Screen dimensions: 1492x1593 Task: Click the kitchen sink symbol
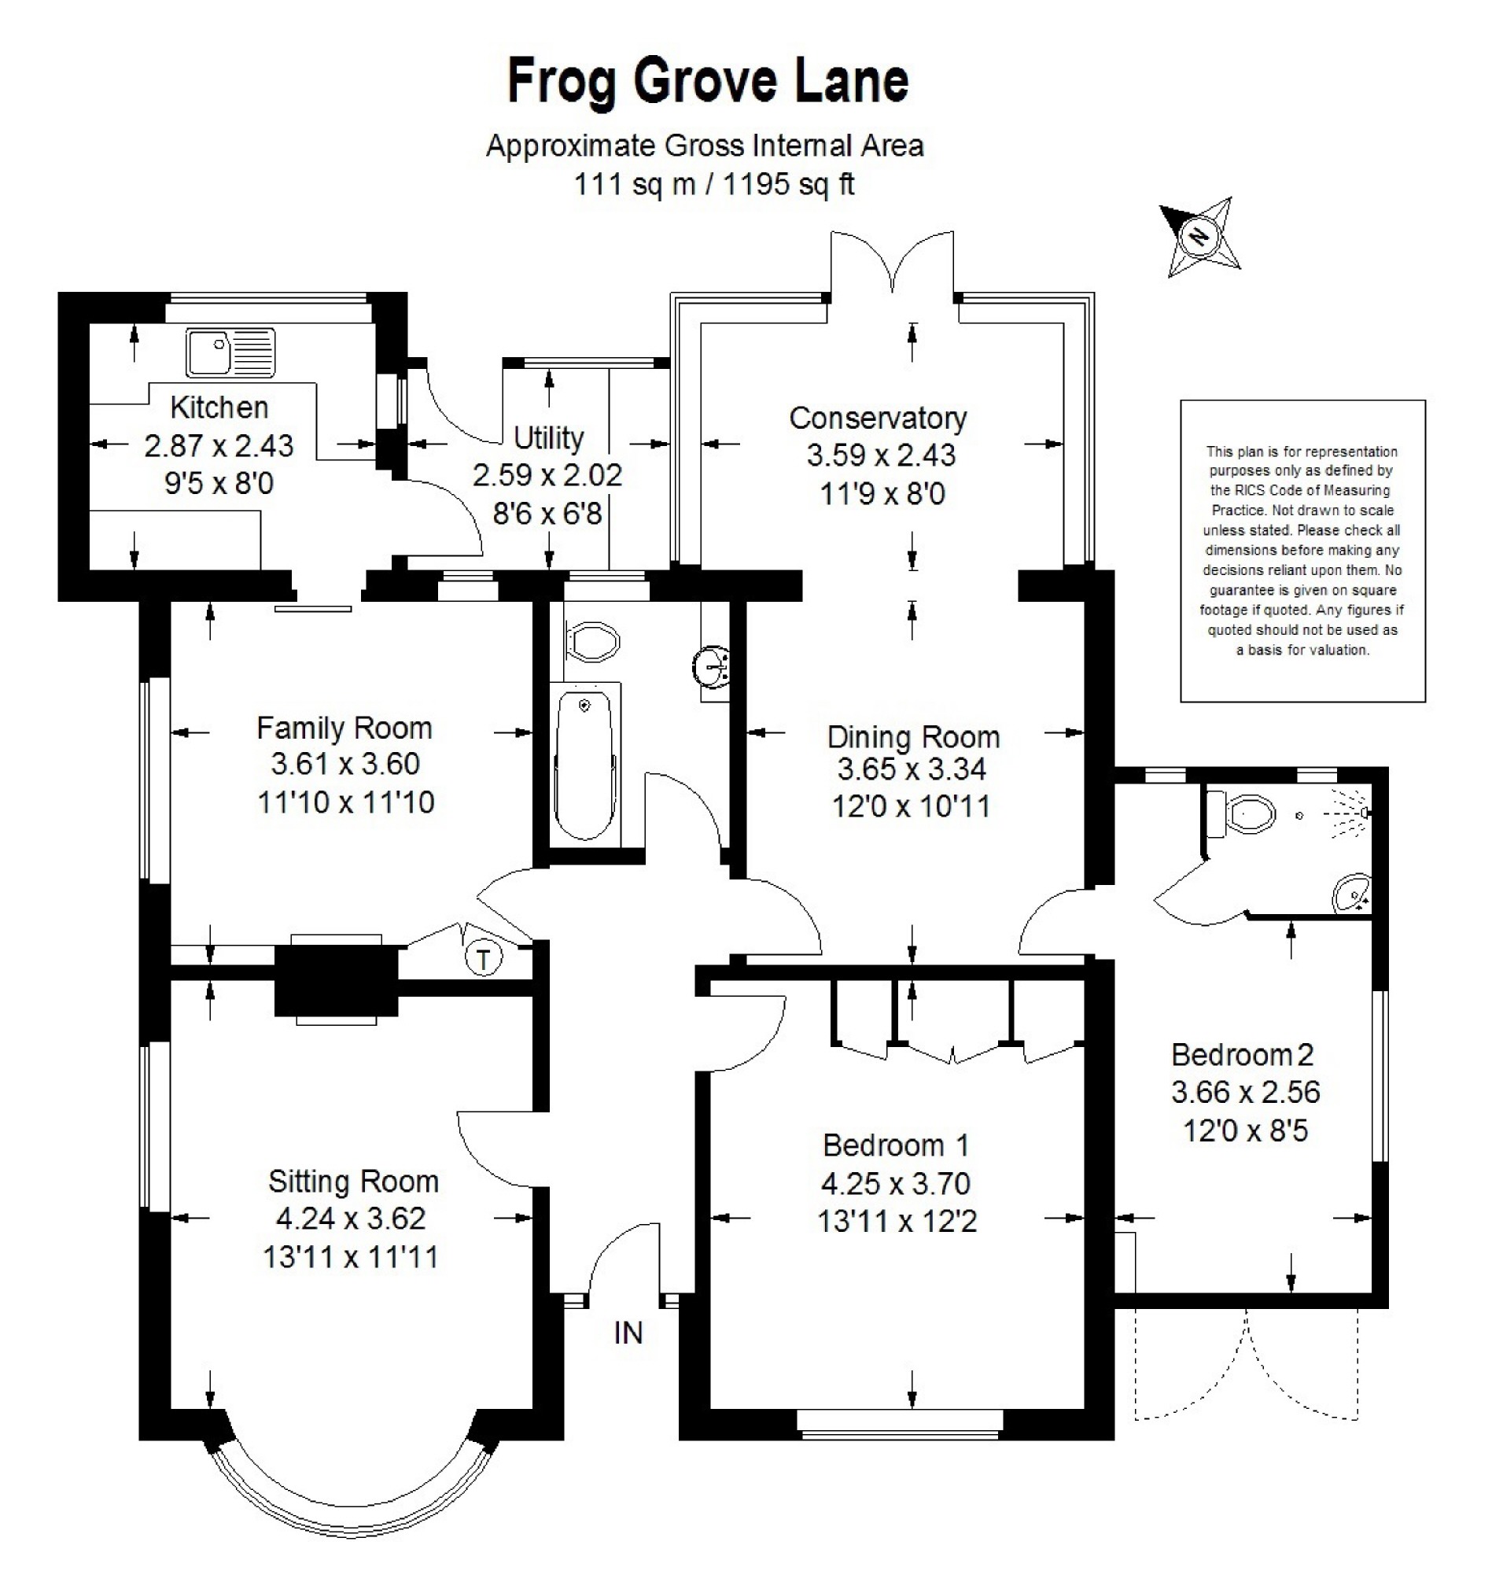click(x=230, y=352)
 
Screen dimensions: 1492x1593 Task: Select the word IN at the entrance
click(x=628, y=1333)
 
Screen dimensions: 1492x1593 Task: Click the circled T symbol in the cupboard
click(x=483, y=958)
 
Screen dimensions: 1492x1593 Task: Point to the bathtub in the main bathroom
click(x=586, y=767)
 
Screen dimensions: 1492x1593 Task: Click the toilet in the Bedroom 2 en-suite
click(x=1241, y=814)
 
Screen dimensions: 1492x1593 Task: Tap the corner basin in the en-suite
click(x=1353, y=894)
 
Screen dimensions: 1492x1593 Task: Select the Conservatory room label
click(x=878, y=419)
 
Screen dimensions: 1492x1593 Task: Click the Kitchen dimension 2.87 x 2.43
click(x=219, y=445)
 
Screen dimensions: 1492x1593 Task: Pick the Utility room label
click(x=548, y=437)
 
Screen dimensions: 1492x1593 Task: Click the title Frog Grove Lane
click(x=709, y=81)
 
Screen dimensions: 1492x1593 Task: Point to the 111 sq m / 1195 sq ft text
click(x=714, y=184)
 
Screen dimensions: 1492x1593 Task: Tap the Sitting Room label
click(x=353, y=1181)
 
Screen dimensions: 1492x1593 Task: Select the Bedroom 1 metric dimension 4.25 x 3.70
click(x=896, y=1182)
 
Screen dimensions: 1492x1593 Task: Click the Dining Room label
click(x=913, y=736)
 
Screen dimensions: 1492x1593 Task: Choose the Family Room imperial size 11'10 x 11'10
click(x=345, y=802)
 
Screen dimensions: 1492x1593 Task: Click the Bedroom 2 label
click(x=1242, y=1054)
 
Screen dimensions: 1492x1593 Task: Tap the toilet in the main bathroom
click(x=592, y=641)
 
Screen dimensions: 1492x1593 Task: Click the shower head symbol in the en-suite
click(x=1354, y=813)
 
